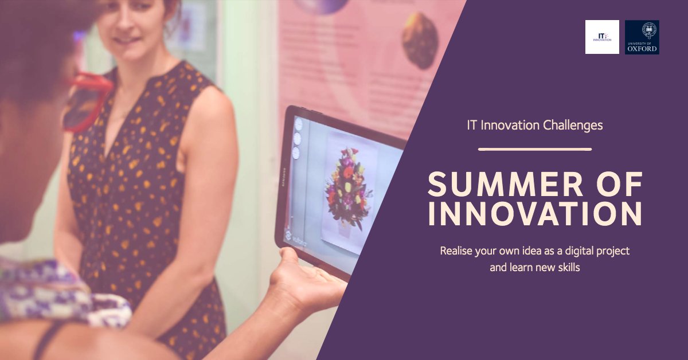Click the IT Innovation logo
click(602, 37)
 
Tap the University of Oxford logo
click(642, 37)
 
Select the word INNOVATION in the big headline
click(535, 213)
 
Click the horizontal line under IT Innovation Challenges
click(535, 149)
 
